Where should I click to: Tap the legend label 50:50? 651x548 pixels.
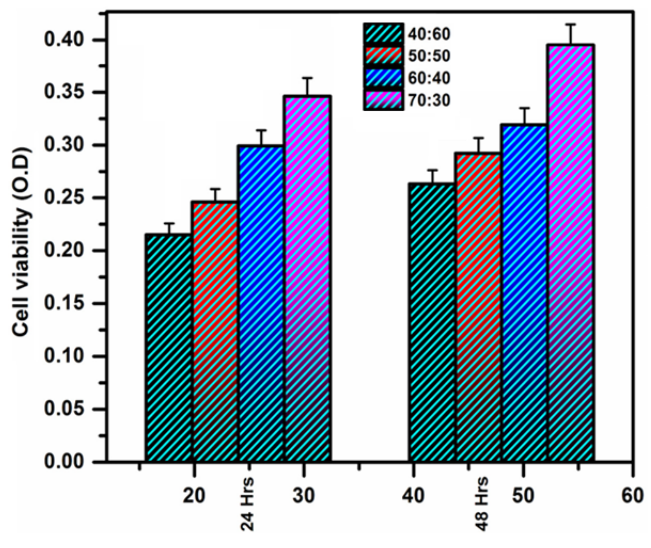click(x=429, y=56)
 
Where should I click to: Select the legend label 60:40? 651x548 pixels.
click(x=429, y=78)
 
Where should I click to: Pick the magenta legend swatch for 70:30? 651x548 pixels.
click(x=383, y=100)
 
